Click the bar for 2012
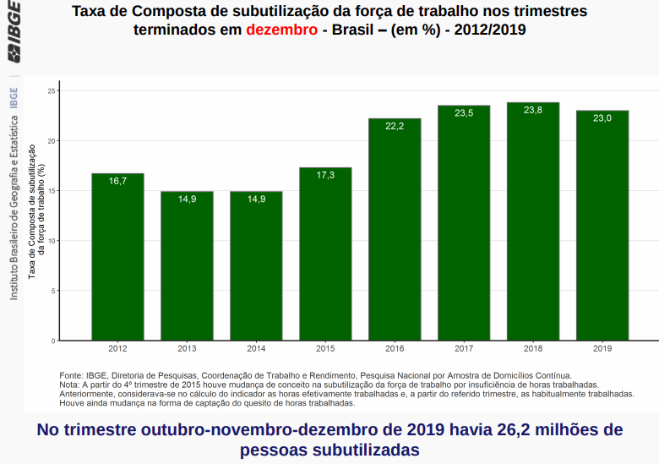[x=117, y=257]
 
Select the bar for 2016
[x=395, y=230]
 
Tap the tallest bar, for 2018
[x=533, y=221]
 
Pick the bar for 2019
[x=602, y=226]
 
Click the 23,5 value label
[x=464, y=112]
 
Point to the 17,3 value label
[x=325, y=175]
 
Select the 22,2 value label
[x=395, y=126]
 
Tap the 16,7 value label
[x=117, y=181]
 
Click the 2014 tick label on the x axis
[x=256, y=348]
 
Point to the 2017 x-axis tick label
[x=464, y=348]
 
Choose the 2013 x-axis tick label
[x=187, y=348]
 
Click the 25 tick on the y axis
[x=52, y=90]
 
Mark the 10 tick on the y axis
[x=52, y=241]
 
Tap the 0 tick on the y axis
[x=53, y=341]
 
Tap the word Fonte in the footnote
[x=71, y=374]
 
